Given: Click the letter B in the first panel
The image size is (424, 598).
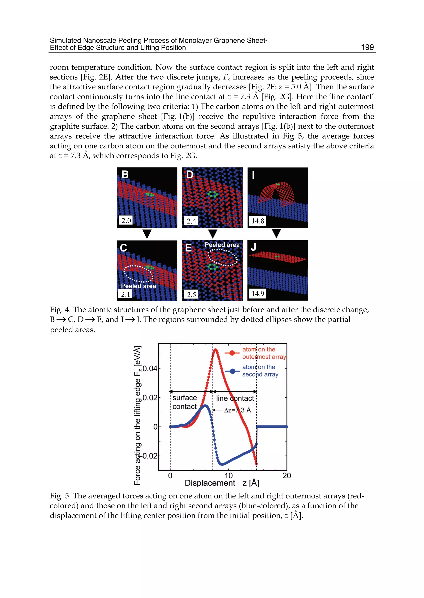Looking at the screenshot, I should click(125, 174).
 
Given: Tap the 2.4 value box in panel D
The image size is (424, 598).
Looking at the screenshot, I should click(191, 221).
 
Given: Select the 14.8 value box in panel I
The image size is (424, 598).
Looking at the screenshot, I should click(258, 221).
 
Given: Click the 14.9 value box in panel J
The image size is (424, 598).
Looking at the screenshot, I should click(258, 294).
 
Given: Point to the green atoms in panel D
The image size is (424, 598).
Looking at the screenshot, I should click(212, 194).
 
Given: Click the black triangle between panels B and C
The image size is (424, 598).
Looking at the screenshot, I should click(147, 234).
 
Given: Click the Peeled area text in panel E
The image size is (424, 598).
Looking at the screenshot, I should click(222, 245).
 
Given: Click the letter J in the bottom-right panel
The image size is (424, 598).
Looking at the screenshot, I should click(253, 247).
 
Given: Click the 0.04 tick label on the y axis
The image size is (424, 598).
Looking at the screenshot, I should click(150, 369).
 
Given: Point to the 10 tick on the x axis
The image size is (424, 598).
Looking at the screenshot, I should click(228, 476).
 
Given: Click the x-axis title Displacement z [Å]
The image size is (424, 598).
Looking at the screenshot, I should click(222, 483).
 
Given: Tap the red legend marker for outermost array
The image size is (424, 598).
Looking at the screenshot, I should click(232, 353).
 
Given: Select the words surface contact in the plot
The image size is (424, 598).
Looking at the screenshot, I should click(185, 402).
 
